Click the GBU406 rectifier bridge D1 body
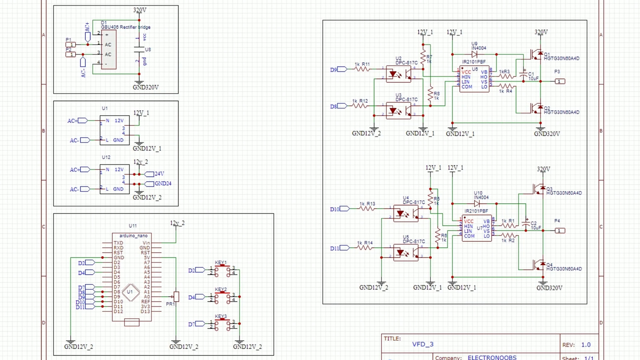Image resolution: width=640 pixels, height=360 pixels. click(x=109, y=49)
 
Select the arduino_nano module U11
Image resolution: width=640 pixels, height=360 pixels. click(x=132, y=277)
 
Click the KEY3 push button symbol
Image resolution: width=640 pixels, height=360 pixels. click(x=222, y=324)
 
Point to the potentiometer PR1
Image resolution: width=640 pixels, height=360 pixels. click(x=176, y=296)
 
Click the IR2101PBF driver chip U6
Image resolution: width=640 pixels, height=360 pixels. click(x=474, y=79)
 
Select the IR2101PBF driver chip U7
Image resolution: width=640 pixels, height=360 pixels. click(x=477, y=229)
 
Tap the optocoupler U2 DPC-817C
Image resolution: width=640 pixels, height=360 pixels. click(x=399, y=74)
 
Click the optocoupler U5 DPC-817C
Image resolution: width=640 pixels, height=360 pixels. click(x=406, y=253)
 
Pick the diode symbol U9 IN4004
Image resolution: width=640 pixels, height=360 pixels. click(x=475, y=54)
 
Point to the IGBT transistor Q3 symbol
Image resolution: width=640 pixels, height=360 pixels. click(x=538, y=189)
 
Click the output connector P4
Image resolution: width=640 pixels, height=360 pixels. click(x=560, y=231)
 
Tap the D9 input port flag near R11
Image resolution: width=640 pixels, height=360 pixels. click(x=342, y=69)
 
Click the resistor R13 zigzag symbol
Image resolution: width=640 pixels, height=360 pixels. click(x=367, y=209)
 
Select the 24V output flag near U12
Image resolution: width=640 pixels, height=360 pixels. click(x=149, y=174)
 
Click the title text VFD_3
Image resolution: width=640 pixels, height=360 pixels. click(x=423, y=344)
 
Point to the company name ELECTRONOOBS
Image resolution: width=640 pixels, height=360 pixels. click(x=492, y=357)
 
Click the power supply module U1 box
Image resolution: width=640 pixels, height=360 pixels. click(x=114, y=130)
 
